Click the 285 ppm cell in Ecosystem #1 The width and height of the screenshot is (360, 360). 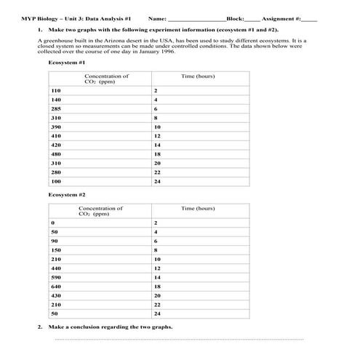point(56,108)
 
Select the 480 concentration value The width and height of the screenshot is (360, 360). point(56,154)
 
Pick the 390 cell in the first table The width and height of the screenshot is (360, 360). point(56,127)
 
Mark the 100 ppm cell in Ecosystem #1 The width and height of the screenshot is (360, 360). point(56,181)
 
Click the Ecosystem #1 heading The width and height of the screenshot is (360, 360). point(67,63)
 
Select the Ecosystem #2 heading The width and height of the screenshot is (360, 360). point(67,195)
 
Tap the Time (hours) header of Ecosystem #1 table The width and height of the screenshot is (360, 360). point(198,76)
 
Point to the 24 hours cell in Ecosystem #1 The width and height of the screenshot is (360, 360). point(157,181)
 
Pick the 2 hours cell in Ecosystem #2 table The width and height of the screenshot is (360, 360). point(156,222)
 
